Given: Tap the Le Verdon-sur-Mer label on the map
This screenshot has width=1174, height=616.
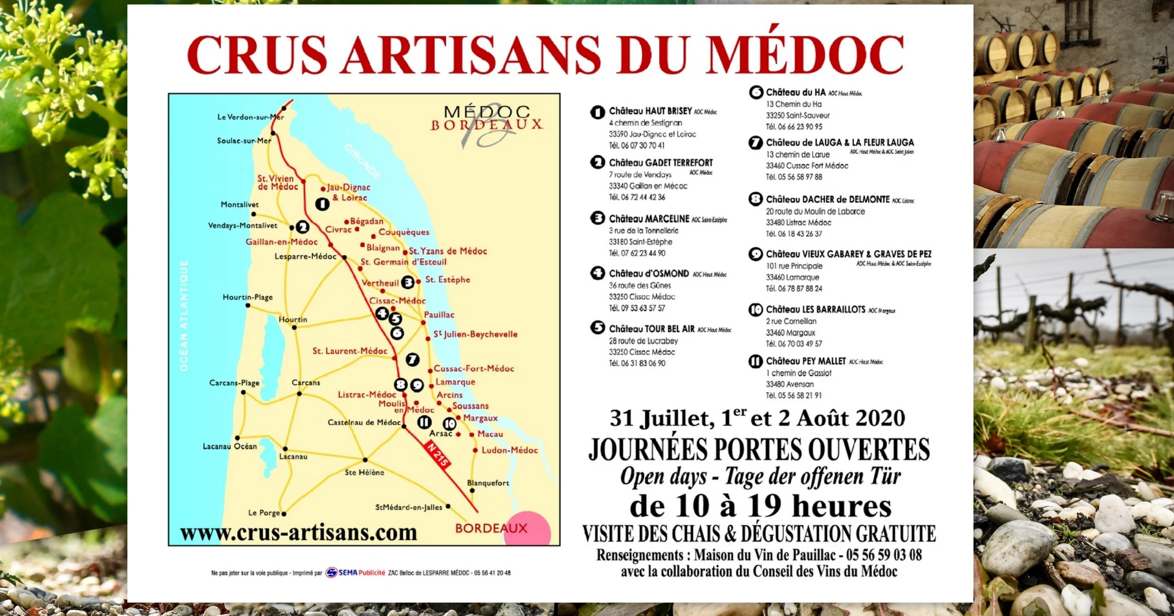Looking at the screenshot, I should (x=250, y=117).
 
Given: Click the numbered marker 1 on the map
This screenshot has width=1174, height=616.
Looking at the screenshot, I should (x=322, y=204).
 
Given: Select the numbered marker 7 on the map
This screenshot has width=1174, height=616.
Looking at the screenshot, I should (x=412, y=360).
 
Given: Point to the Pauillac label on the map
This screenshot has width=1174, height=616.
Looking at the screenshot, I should (x=439, y=315).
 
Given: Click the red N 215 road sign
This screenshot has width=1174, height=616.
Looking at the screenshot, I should (x=437, y=454).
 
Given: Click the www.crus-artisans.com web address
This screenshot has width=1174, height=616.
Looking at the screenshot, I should (x=299, y=533).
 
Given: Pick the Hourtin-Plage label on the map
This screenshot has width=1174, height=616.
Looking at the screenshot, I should (x=247, y=297).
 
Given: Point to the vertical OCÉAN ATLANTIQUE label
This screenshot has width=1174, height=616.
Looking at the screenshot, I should (x=184, y=315).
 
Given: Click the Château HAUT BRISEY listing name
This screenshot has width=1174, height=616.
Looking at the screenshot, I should (x=650, y=111).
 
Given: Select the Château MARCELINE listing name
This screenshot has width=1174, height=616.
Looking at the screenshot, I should (x=649, y=219).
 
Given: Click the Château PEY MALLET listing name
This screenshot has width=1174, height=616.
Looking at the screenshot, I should (x=806, y=361).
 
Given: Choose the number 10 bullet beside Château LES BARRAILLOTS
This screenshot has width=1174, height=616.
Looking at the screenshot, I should (x=756, y=310).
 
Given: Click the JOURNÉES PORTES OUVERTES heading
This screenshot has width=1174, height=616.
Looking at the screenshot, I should (x=759, y=449).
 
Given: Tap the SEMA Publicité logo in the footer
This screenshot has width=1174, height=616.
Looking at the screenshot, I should (x=356, y=573).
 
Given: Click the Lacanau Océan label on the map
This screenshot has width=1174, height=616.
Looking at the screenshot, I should (x=230, y=446).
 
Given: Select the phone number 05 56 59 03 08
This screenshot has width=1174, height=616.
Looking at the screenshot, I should (x=883, y=555).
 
